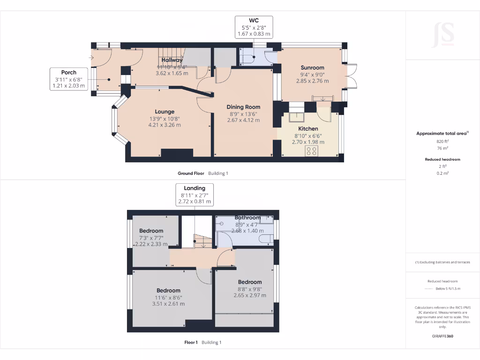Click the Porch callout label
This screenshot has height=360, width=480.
[69, 79]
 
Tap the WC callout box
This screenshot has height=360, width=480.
[254, 27]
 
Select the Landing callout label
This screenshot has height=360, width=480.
[194, 195]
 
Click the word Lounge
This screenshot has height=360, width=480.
[165, 112]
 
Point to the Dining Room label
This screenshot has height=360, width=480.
[243, 107]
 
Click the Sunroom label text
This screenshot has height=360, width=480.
[313, 67]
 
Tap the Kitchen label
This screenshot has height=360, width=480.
[308, 128]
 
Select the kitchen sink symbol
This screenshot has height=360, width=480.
[296, 117]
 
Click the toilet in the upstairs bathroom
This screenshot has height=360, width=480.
[266, 239]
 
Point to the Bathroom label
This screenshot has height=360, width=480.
[247, 217]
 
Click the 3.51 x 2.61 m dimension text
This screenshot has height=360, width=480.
[168, 304]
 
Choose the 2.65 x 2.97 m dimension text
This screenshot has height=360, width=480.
[249, 295]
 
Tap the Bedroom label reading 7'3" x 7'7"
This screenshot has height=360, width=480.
[151, 231]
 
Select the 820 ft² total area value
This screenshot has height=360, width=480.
[442, 141]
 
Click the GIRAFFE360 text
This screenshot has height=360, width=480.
[442, 336]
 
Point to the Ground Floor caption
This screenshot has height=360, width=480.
[190, 173]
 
